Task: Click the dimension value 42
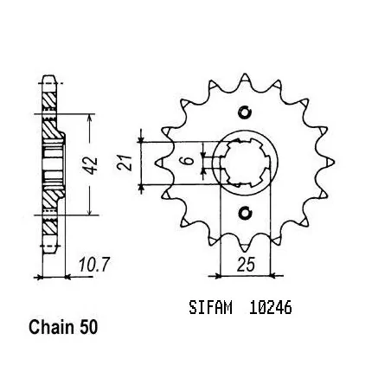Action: [92, 166]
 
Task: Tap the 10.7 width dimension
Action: [94, 265]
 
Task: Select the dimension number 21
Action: [125, 163]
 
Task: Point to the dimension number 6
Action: [189, 160]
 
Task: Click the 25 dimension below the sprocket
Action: [246, 265]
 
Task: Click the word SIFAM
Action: [210, 308]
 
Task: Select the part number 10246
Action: [270, 308]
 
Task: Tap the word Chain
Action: [51, 327]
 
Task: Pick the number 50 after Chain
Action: [89, 328]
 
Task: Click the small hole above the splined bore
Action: [245, 112]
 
